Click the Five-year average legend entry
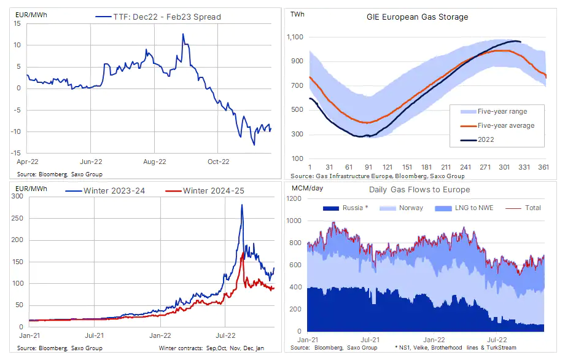pyautogui.click(x=505, y=125)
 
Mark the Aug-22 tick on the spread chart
pyautogui.click(x=154, y=162)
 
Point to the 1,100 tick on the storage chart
pyautogui.click(x=295, y=37)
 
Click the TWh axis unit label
pyautogui.click(x=296, y=14)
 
